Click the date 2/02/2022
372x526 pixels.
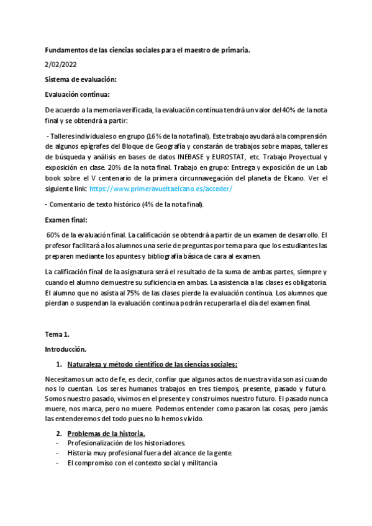(61, 64)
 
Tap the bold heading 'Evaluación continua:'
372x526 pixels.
(78, 94)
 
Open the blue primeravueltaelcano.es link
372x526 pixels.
(161, 189)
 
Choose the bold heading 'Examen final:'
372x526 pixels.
(66, 220)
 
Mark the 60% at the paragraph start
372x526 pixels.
(55, 235)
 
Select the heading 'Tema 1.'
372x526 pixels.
(57, 334)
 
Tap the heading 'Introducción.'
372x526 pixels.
(66, 349)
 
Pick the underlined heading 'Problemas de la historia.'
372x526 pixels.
(106, 433)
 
